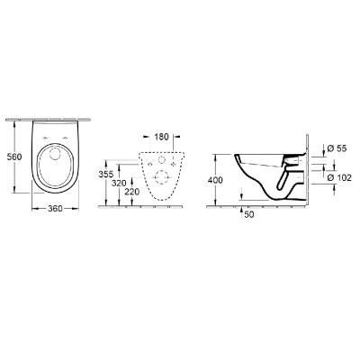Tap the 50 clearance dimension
click(x=247, y=213)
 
